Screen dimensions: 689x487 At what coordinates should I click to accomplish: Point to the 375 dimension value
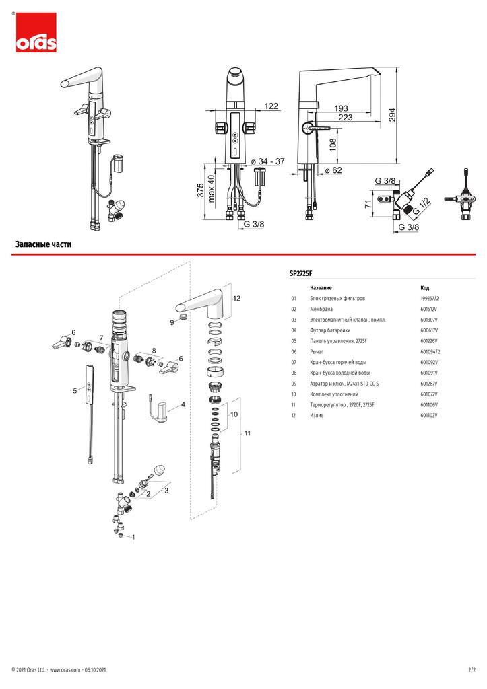pyautogui.click(x=200, y=190)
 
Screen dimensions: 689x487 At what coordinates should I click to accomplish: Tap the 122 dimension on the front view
pyautogui.click(x=271, y=106)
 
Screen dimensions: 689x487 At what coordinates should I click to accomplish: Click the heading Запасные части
pyautogui.click(x=43, y=244)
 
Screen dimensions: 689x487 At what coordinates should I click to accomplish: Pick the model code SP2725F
pyautogui.click(x=300, y=273)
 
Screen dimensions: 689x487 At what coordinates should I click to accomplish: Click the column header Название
pyautogui.click(x=321, y=287)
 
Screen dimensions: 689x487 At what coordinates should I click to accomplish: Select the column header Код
pyautogui.click(x=424, y=287)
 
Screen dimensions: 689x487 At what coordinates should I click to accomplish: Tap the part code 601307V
pyautogui.click(x=429, y=320)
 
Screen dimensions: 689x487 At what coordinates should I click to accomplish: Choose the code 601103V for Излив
pyautogui.click(x=429, y=416)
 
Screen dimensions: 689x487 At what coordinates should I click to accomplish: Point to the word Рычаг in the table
pyautogui.click(x=317, y=351)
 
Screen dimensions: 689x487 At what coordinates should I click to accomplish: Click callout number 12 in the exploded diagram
pyautogui.click(x=236, y=297)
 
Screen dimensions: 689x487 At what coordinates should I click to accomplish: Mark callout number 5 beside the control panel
pyautogui.click(x=75, y=390)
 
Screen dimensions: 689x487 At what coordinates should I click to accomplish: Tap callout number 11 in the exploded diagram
pyautogui.click(x=247, y=433)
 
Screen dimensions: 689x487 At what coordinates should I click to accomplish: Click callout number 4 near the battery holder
pyautogui.click(x=183, y=405)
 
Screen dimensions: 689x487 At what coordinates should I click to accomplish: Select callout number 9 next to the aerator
pyautogui.click(x=172, y=323)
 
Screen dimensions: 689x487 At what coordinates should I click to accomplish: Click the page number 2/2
pyautogui.click(x=472, y=670)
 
